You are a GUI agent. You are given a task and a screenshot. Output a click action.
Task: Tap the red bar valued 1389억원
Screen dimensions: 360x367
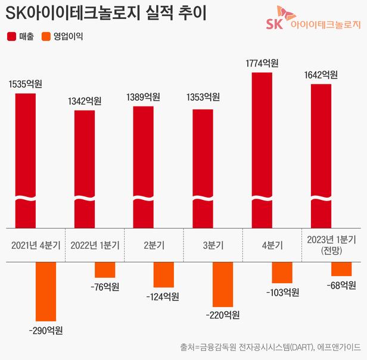[143, 166]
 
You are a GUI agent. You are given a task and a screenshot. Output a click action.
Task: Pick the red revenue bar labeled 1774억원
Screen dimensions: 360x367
[262, 149]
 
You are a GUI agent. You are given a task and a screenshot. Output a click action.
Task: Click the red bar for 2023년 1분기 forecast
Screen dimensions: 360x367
[321, 155]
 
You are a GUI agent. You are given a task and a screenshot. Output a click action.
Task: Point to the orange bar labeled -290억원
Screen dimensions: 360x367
[46, 292]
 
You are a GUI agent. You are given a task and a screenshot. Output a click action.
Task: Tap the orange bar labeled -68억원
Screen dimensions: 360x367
[341, 269]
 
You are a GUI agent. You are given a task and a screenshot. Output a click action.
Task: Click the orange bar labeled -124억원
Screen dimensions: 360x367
[163, 275]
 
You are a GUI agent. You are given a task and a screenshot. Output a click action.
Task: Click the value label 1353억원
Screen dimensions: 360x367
[203, 98]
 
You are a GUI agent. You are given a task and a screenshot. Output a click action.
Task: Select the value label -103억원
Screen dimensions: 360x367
[282, 292]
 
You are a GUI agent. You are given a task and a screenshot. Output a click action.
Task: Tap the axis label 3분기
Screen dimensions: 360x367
[212, 245]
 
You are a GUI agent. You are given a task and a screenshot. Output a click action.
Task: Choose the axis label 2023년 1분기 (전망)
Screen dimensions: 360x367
[331, 244]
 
